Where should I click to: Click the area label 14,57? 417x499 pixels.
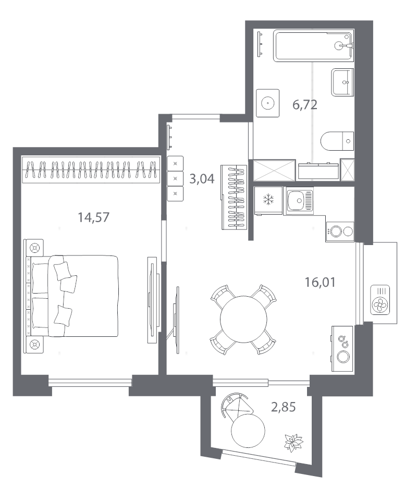93,217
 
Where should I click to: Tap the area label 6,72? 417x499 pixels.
305,105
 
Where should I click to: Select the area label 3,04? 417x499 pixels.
202,179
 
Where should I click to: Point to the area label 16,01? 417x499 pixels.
320,282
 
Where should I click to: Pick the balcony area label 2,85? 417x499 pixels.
283,407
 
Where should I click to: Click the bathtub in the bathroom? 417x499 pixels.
313,45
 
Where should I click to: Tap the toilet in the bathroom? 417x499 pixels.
337,141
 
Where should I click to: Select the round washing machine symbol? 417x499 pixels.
268,103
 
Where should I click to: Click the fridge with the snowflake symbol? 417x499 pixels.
268,201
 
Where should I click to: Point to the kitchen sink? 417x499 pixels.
300,201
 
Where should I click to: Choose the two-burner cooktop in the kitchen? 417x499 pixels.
340,232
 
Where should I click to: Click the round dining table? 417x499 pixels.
243,319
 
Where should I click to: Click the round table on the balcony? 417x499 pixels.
248,431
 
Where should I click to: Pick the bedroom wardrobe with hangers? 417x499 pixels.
91,169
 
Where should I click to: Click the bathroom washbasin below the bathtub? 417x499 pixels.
342,82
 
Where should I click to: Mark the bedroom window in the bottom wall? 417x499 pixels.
90,382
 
